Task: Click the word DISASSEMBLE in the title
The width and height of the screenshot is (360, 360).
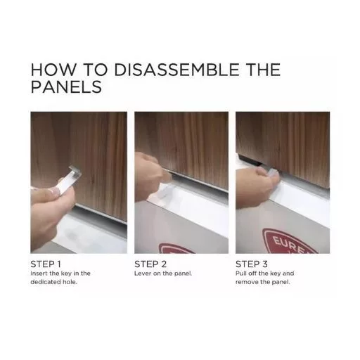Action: (x=176, y=70)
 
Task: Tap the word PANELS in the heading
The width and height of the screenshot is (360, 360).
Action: (x=66, y=87)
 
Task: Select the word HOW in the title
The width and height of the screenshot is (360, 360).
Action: (x=53, y=70)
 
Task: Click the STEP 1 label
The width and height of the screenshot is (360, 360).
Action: (x=46, y=264)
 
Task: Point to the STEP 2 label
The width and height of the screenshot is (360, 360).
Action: (x=150, y=264)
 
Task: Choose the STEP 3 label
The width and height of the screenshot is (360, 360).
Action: (x=252, y=264)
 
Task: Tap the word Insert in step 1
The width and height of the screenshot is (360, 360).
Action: (x=39, y=274)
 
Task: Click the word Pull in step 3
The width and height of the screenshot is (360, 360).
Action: (x=240, y=274)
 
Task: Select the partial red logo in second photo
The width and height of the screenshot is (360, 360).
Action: (x=177, y=248)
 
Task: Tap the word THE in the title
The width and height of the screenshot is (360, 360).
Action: (x=264, y=70)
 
